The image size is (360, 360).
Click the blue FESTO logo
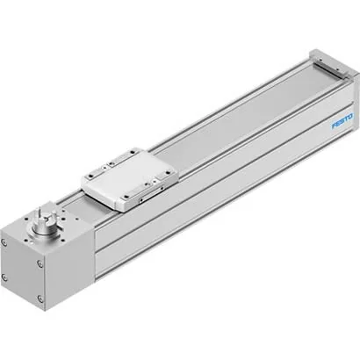pyautogui.click(x=342, y=121)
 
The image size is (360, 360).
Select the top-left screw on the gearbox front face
pyautogui.click(x=4, y=242)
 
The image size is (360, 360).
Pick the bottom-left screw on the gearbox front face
pyautogui.click(x=4, y=277)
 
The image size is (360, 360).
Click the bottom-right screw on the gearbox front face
pyautogui.click(x=40, y=299)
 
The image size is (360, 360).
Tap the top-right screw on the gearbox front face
pyautogui.click(x=40, y=264)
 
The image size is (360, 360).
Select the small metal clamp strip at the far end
pyautogui.click(x=330, y=68)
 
